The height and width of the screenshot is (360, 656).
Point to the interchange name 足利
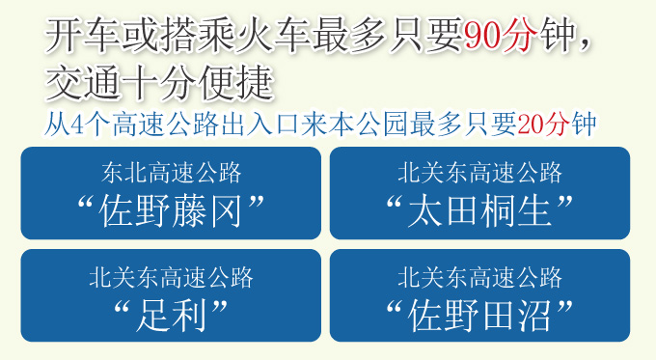[171, 312]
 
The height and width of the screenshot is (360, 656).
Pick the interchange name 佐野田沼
[479, 312]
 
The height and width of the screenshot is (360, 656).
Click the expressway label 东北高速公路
[171, 174]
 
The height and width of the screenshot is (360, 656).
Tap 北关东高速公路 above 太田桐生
[479, 174]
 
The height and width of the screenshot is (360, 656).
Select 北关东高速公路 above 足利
[171, 278]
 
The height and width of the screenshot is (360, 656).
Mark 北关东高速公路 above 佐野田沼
[479, 278]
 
